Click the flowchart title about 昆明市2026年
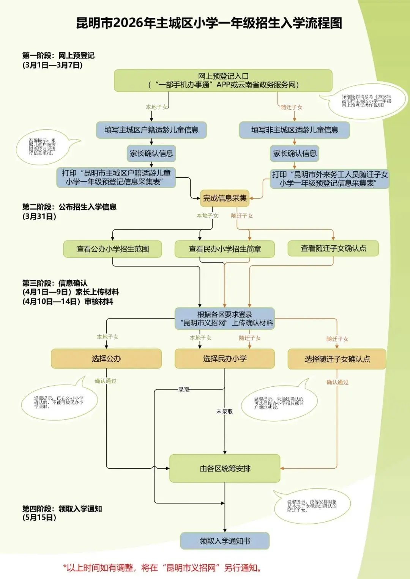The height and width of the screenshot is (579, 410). click(x=209, y=23)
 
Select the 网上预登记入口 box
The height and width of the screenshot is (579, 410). click(x=223, y=80)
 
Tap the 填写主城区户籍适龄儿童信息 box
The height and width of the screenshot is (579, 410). click(x=151, y=130)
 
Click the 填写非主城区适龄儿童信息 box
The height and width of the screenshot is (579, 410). click(x=294, y=130)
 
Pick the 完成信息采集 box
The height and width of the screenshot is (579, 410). click(x=224, y=198)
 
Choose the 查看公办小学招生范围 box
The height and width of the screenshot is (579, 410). click(x=112, y=249)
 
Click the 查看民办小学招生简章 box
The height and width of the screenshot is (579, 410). click(x=224, y=249)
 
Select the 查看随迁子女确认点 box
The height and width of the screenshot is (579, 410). click(x=333, y=248)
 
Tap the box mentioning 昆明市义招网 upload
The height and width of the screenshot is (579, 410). click(x=224, y=319)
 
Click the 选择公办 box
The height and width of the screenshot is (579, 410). click(x=106, y=359)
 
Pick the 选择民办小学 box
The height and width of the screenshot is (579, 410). click(x=224, y=359)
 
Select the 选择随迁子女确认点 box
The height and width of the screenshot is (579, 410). click(x=337, y=359)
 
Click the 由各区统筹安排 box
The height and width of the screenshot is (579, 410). click(x=225, y=469)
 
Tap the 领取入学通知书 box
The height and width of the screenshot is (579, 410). click(x=225, y=541)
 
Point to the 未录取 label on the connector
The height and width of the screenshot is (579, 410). click(x=224, y=411)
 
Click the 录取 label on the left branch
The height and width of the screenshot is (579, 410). click(x=184, y=389)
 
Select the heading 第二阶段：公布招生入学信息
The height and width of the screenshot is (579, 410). click(x=69, y=207)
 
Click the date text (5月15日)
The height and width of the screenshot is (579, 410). click(x=39, y=518)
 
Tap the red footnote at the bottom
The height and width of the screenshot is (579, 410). click(x=162, y=568)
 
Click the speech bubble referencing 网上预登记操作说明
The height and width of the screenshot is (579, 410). click(x=366, y=101)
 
